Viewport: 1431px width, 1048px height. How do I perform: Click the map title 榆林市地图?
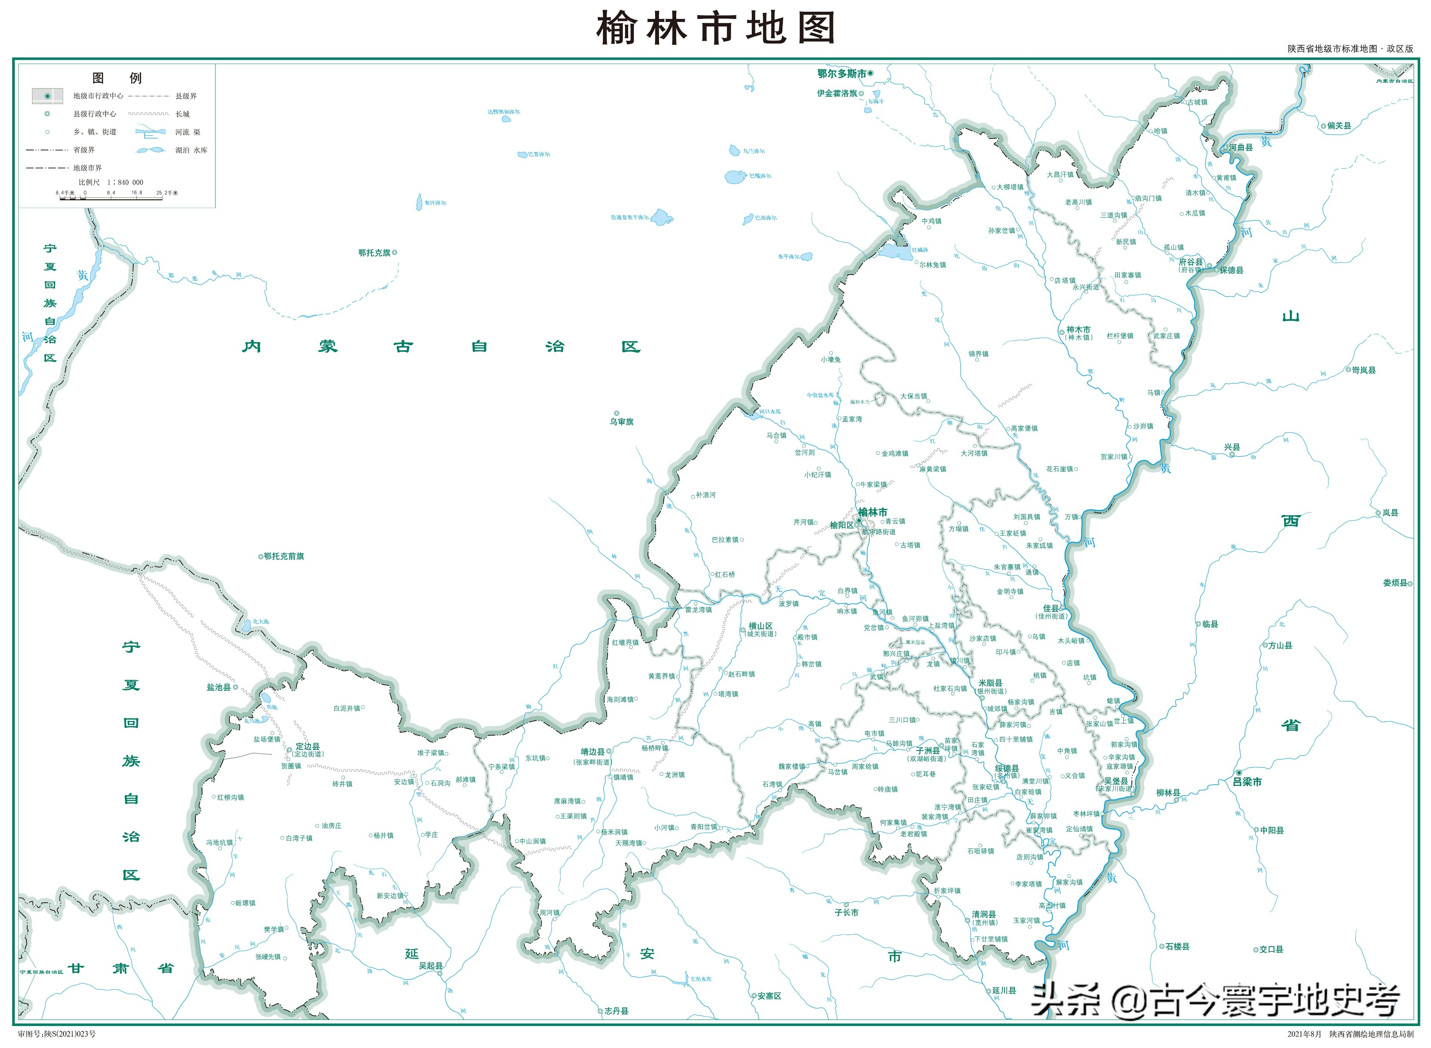(x=715, y=28)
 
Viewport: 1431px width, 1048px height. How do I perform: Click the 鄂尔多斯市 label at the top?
(x=841, y=74)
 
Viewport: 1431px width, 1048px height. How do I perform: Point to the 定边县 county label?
(x=307, y=747)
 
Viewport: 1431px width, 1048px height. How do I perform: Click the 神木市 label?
(x=1078, y=330)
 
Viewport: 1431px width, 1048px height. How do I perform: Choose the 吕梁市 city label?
(x=1247, y=782)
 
